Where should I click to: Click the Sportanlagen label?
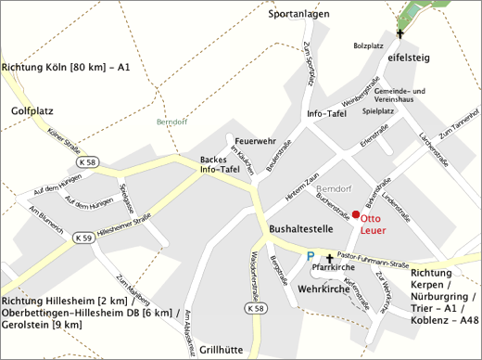coord(299,15)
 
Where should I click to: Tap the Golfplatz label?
coord(32,110)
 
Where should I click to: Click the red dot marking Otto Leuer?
coord(355,215)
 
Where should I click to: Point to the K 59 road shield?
coord(83,237)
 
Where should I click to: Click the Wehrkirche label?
coord(317,290)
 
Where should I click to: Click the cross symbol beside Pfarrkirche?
coord(330,256)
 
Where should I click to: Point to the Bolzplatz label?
coord(368,45)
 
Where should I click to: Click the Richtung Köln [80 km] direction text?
coord(66,68)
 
